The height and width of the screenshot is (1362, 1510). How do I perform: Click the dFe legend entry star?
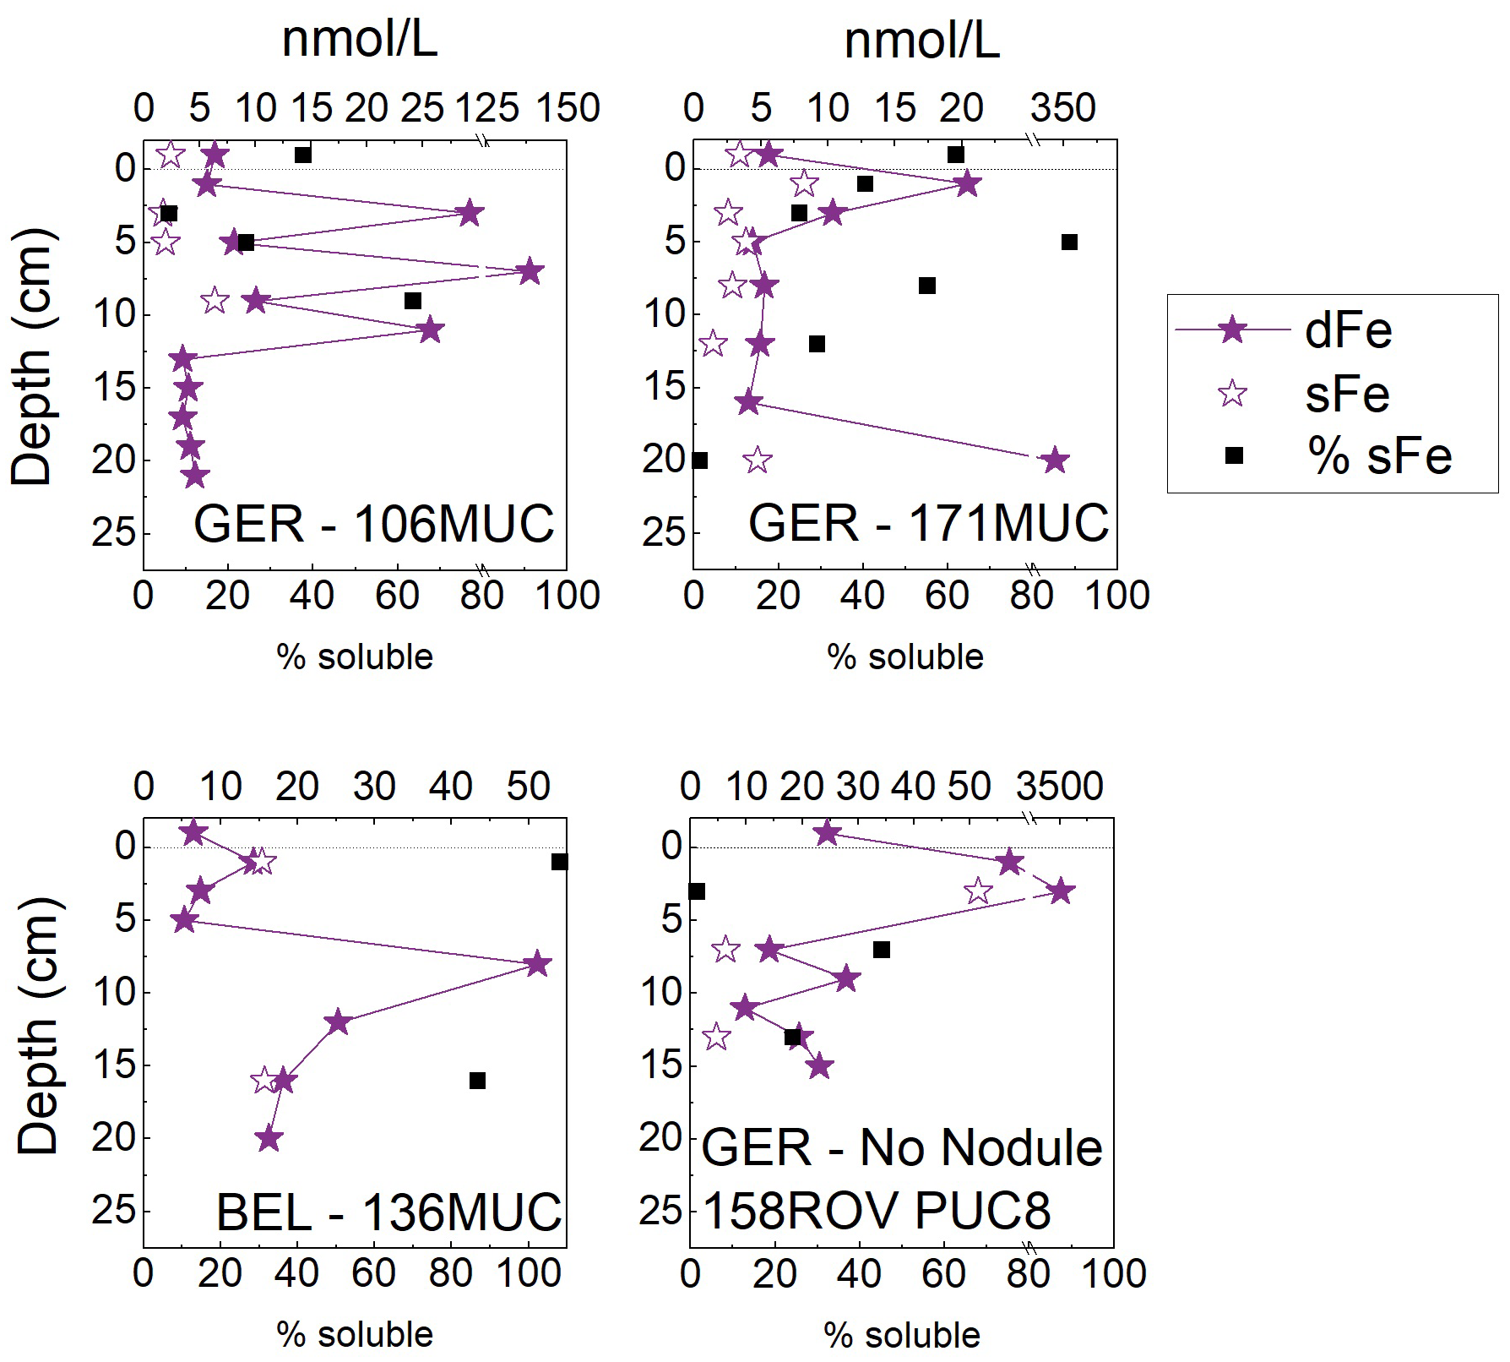[1234, 330]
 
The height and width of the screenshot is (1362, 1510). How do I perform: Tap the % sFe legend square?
[1234, 456]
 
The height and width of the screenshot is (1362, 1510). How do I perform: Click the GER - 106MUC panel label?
[374, 524]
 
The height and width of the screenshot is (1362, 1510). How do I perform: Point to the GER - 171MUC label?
[928, 524]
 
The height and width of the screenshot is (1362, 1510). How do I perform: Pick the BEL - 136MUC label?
[389, 1212]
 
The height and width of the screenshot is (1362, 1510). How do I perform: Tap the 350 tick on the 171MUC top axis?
[1063, 109]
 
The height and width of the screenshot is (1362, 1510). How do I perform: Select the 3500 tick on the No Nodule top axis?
[1059, 787]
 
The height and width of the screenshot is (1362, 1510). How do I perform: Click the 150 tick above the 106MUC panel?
[568, 109]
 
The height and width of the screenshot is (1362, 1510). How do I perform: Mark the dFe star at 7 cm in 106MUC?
[530, 272]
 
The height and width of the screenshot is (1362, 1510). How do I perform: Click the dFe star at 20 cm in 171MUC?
[1055, 460]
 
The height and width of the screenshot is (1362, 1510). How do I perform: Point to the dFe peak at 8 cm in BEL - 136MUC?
[538, 964]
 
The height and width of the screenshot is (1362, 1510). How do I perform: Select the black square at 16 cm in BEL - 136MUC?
[477, 1081]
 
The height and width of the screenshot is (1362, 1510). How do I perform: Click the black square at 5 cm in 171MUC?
[1069, 242]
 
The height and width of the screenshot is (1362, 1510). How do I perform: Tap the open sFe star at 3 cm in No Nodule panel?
[978, 891]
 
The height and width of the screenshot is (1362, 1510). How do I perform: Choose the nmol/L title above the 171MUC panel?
[921, 40]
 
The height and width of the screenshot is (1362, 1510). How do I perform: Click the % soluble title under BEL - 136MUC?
[355, 1334]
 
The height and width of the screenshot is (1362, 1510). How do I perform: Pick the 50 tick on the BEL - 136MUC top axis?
[528, 787]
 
